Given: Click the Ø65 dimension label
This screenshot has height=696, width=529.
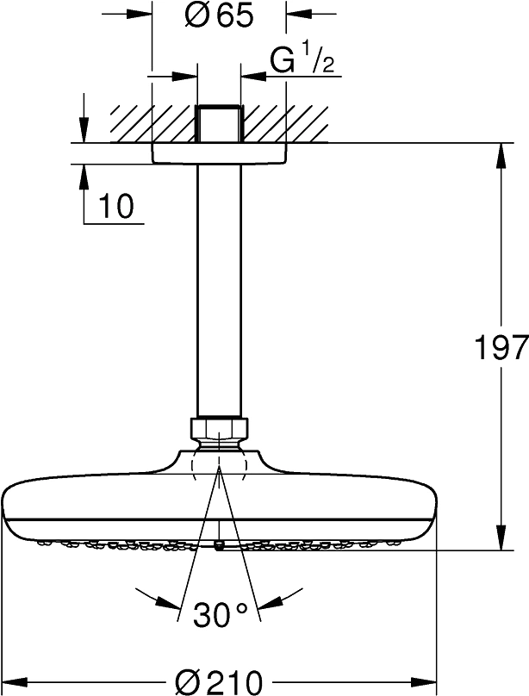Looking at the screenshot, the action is click(218, 16).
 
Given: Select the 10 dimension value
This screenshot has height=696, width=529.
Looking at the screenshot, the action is click(116, 206).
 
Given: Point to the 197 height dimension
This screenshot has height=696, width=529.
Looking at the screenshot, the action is click(501, 346).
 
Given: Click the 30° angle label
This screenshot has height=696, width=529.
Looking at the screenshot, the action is click(220, 615).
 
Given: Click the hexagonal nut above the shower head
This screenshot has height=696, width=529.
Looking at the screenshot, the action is click(219, 427).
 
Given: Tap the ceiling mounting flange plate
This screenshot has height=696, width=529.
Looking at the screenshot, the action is click(219, 153).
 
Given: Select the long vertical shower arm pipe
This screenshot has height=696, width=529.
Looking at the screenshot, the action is click(219, 291).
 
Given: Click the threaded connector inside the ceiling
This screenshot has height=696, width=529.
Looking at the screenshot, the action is click(219, 123).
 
